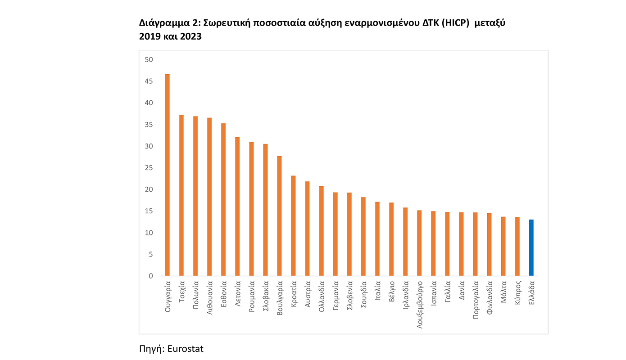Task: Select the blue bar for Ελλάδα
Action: coord(531,247)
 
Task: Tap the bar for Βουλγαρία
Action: coord(279,216)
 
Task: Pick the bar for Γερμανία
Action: coord(336,234)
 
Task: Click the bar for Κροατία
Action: coord(293,225)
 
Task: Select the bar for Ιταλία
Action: coord(377,238)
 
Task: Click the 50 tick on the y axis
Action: coord(149,60)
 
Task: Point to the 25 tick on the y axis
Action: coord(149,168)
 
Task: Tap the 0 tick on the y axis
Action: coord(151,276)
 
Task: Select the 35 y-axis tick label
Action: coord(149,125)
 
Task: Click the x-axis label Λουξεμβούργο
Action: coord(420,305)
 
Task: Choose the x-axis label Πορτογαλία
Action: coord(476,300)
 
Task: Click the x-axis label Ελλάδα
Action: coord(532,292)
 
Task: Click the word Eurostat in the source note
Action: coord(185,349)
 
